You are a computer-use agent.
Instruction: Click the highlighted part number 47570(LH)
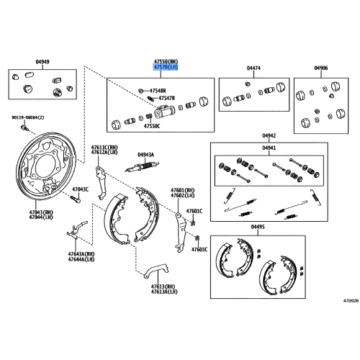(x=166, y=67)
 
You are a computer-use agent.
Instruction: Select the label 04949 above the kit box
(x=42, y=62)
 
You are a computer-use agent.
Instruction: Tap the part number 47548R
(x=158, y=91)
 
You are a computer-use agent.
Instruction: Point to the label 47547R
(x=166, y=98)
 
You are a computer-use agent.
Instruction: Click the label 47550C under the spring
(x=152, y=126)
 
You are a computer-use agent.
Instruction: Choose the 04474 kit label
(x=253, y=68)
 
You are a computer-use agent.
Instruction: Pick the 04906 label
(x=321, y=68)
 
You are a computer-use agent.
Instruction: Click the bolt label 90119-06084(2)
(x=28, y=117)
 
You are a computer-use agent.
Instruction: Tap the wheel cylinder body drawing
(x=164, y=112)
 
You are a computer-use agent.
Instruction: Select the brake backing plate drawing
(x=46, y=166)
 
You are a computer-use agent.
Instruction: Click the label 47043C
(x=81, y=189)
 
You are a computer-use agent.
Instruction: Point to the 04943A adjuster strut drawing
(x=142, y=166)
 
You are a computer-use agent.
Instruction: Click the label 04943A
(x=145, y=155)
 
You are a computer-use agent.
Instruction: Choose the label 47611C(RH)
(x=104, y=147)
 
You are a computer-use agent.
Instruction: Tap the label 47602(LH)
(x=183, y=196)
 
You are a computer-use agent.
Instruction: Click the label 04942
(x=269, y=135)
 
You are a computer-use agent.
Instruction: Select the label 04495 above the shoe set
(x=258, y=227)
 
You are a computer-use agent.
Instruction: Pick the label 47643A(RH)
(x=81, y=254)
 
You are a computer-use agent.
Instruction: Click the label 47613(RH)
(x=163, y=287)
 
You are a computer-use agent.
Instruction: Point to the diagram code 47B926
(x=351, y=300)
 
